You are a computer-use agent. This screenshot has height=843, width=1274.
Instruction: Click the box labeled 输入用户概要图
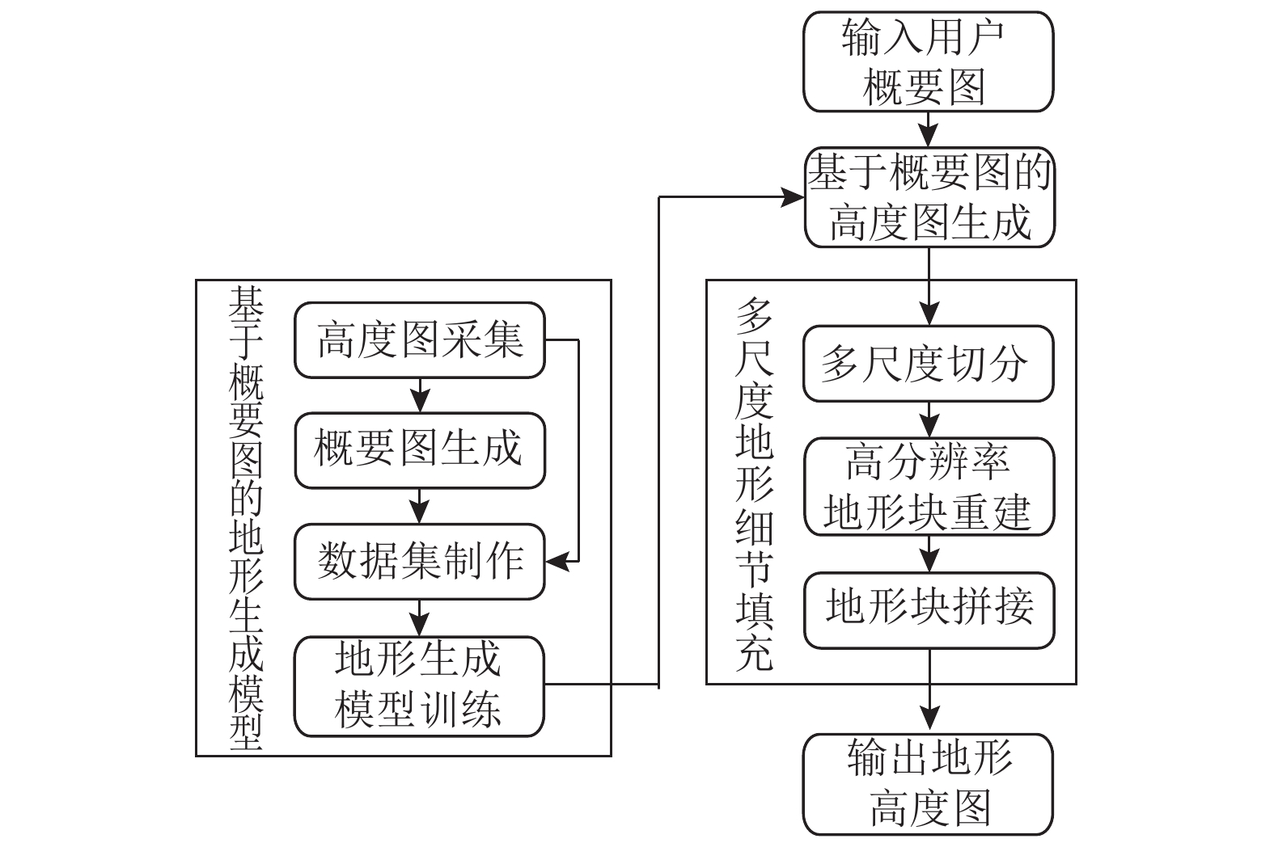(929, 61)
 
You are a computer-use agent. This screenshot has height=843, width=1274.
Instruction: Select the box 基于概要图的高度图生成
(929, 197)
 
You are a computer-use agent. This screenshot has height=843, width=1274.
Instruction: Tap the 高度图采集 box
(420, 340)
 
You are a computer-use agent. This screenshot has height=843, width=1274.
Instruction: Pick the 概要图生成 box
(420, 450)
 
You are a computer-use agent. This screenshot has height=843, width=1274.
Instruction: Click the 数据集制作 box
(420, 562)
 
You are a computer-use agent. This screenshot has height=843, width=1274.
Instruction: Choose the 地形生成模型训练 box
(419, 686)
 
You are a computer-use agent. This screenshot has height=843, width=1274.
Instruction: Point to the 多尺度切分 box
(929, 363)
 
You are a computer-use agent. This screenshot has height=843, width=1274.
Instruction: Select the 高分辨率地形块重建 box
(929, 487)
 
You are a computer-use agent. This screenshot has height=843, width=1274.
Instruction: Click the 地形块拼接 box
(929, 610)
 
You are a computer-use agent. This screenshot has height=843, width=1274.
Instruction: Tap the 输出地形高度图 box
(929, 785)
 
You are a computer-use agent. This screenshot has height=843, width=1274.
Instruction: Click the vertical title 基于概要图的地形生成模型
(246, 518)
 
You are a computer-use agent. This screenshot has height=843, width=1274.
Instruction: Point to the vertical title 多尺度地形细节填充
(754, 484)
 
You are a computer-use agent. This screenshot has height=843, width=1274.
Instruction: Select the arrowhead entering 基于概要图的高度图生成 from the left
(793, 197)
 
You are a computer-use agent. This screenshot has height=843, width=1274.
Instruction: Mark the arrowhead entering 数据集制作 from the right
(557, 562)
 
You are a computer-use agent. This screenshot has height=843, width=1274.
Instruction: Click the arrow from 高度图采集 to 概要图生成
(420, 395)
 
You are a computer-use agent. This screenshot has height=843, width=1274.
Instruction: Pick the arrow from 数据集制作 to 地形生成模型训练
(420, 617)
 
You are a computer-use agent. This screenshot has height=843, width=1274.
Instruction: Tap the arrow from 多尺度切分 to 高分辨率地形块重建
(929, 419)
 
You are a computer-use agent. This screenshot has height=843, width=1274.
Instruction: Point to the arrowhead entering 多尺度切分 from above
(929, 314)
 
